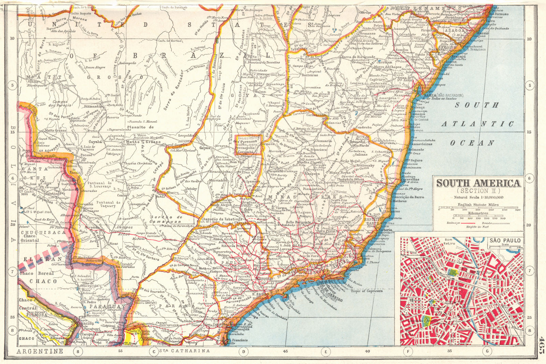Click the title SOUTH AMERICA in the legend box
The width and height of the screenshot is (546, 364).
(x=479, y=183)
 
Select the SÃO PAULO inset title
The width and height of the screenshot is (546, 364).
(x=505, y=241)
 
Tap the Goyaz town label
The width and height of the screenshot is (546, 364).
(x=205, y=148)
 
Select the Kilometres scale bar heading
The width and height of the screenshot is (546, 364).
(x=478, y=213)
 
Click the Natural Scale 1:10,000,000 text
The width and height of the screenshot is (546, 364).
(x=478, y=197)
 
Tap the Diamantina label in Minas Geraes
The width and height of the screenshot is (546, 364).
(x=313, y=189)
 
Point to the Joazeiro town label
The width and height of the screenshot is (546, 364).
(x=400, y=29)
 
